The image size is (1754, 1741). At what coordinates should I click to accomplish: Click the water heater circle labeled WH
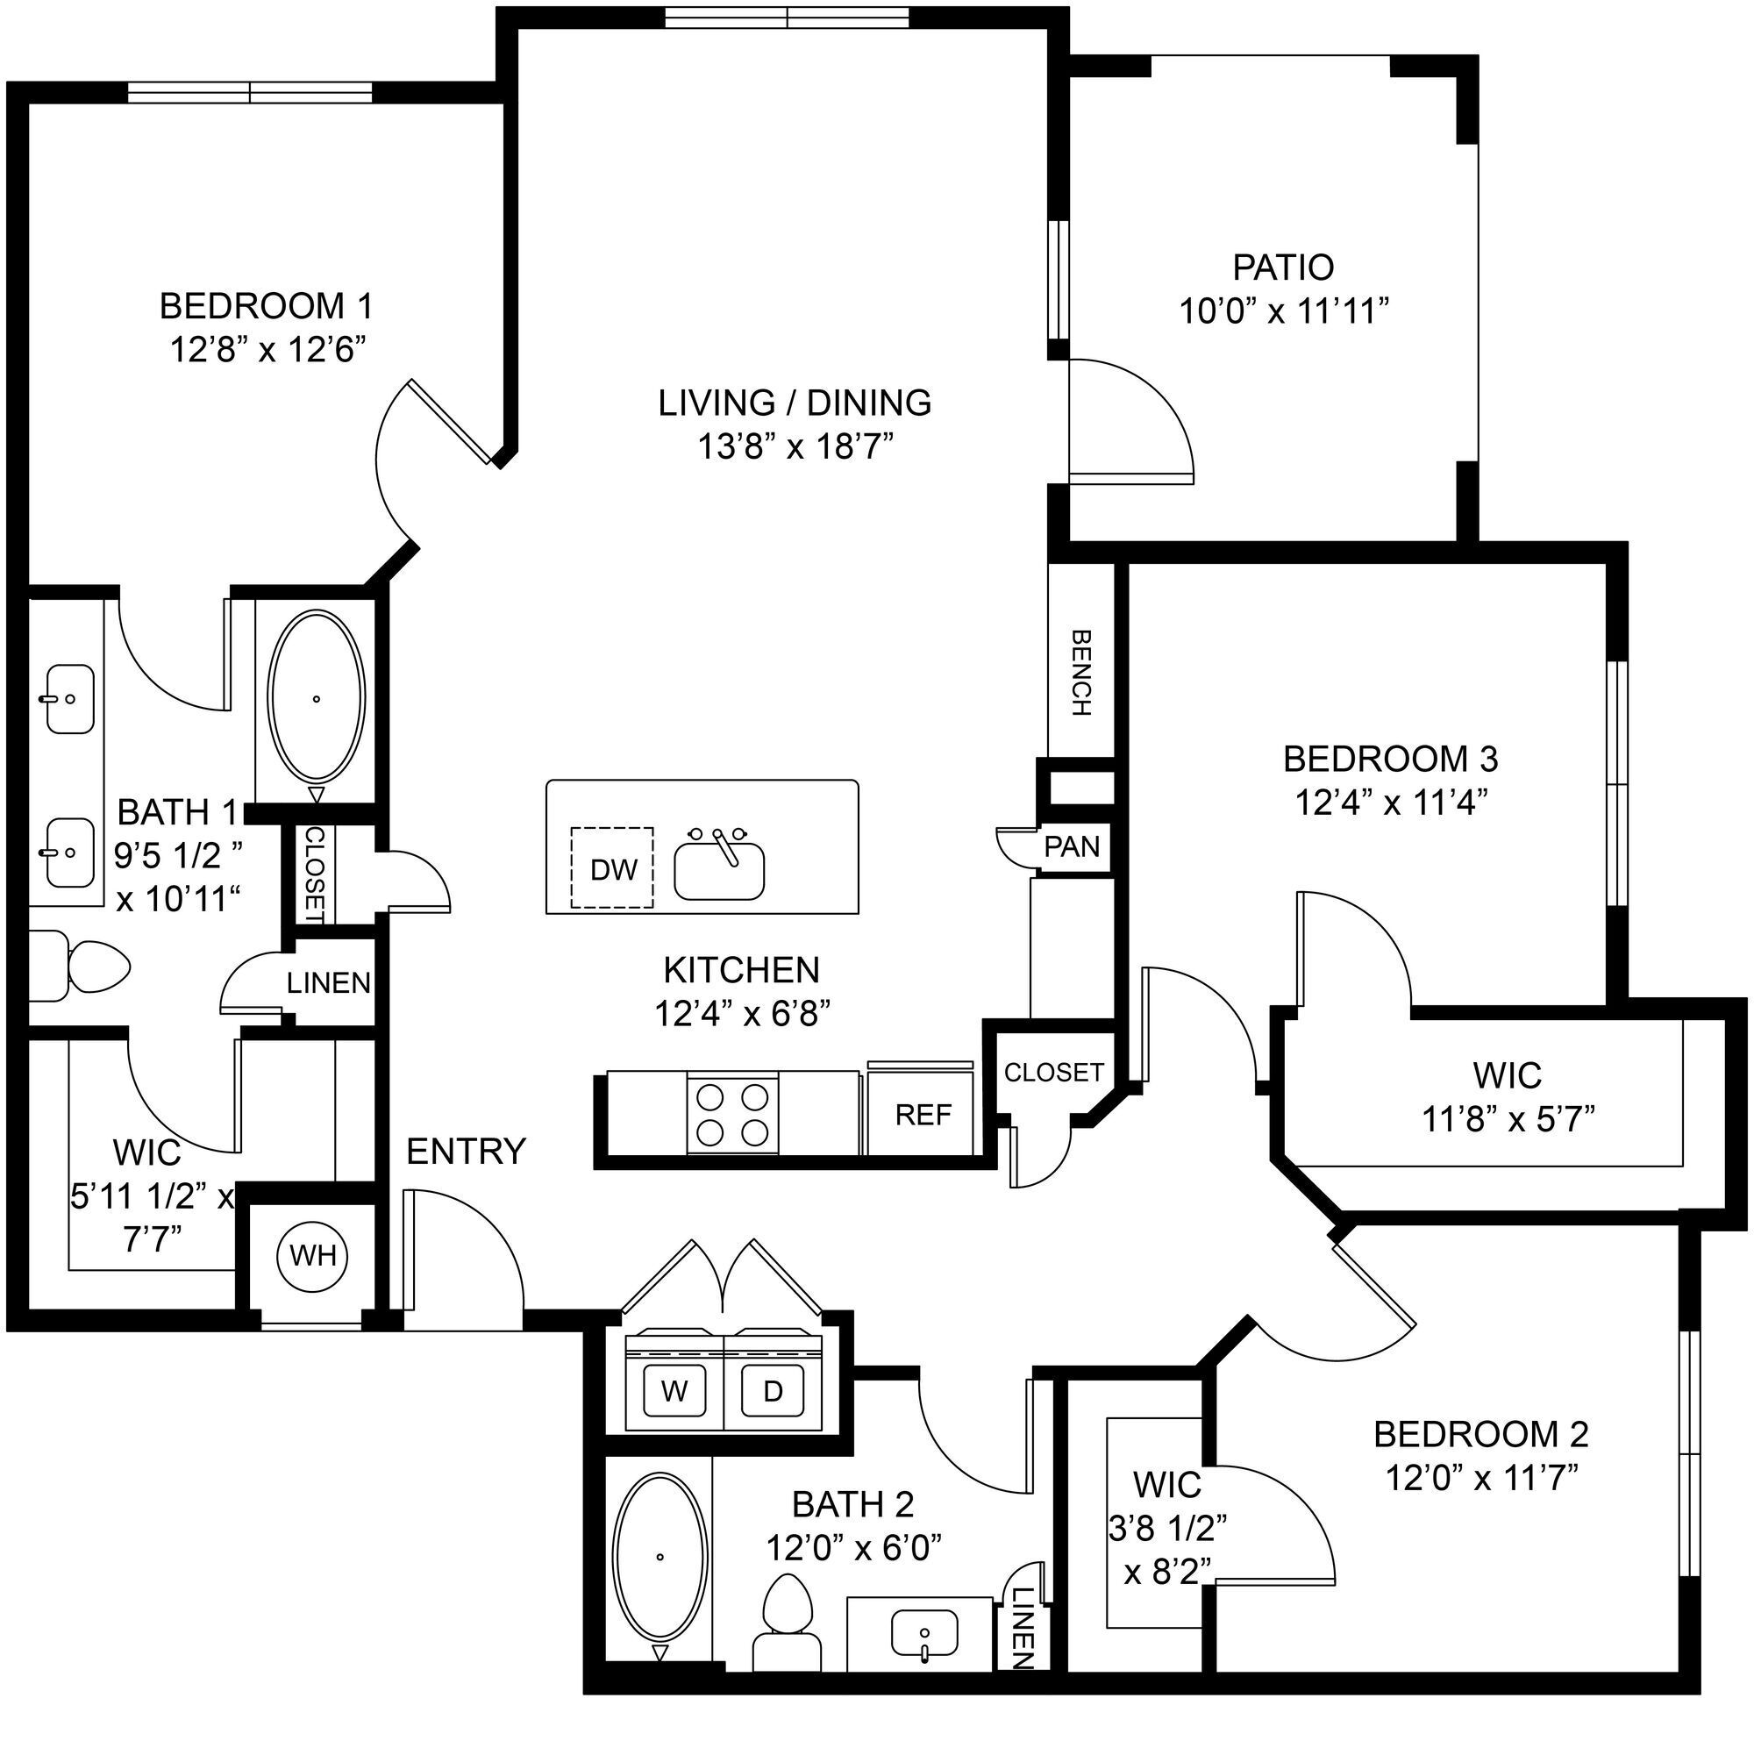point(312,1255)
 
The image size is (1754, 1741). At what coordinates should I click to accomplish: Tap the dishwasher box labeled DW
point(612,867)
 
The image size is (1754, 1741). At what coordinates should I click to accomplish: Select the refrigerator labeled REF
point(923,1114)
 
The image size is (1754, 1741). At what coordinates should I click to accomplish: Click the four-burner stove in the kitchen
point(731,1115)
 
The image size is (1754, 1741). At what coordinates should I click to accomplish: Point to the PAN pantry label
point(1072,847)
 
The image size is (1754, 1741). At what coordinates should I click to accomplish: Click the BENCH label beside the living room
point(1080,673)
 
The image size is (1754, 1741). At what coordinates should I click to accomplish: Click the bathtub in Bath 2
point(660,1557)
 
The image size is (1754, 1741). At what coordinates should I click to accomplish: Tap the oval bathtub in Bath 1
point(317,698)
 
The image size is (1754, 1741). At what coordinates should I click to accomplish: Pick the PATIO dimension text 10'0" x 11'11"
point(1284,311)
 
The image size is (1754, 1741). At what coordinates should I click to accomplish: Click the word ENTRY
point(466,1151)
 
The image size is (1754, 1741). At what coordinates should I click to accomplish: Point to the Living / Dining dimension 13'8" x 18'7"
point(795,446)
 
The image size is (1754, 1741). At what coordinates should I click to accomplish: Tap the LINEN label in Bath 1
point(329,982)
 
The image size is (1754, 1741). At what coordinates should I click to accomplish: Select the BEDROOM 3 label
point(1390,758)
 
